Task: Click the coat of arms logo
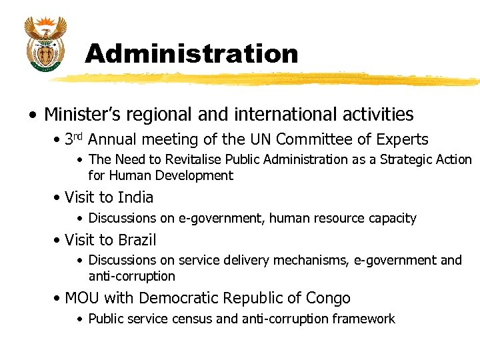pos(45,44)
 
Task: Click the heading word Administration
pos(191,54)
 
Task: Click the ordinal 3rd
pos(73,139)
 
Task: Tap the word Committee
pos(308,139)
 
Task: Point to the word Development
pos(194,176)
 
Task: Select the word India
pos(135,197)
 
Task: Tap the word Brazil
pos(138,239)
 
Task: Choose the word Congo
pos(328,298)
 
